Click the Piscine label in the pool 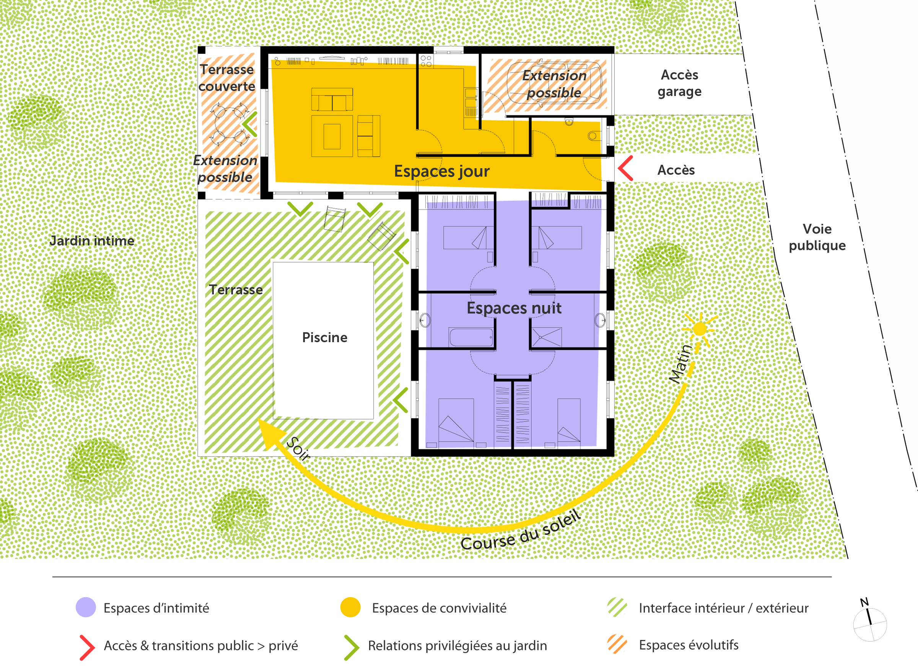pos(325,338)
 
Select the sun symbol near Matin pos(700,329)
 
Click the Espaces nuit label pos(514,308)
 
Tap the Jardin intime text pos(92,241)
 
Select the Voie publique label pos(817,237)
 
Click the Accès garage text pos(680,83)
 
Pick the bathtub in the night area pos(471,337)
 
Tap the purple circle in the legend pos(86,608)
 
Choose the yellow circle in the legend pos(350,608)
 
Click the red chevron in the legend pos(88,647)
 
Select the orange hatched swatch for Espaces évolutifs pos(617,644)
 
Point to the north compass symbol pos(870,624)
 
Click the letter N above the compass pos(864,602)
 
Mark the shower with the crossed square pos(547,337)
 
